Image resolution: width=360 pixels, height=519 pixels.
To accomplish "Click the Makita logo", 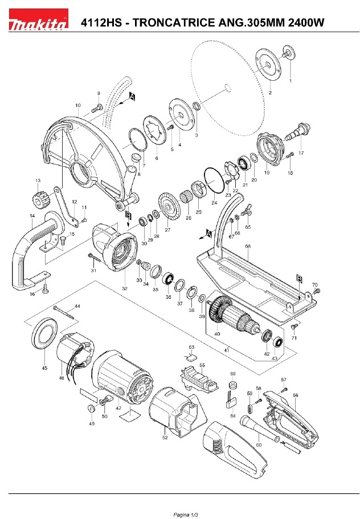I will click(38, 23).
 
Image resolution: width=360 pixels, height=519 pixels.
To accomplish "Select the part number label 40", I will click(217, 333).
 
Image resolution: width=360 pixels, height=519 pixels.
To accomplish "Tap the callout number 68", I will click(248, 246).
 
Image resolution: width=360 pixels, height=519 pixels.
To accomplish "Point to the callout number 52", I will click(165, 438).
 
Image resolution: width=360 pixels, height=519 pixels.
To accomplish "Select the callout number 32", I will click(124, 289).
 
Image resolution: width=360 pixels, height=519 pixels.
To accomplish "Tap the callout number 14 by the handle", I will click(32, 217).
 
